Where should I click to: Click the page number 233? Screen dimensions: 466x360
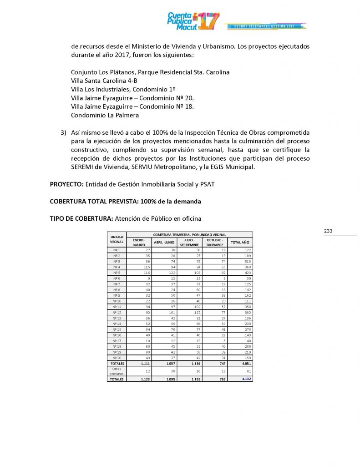click(329, 231)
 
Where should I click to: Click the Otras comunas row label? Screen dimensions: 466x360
click(117, 371)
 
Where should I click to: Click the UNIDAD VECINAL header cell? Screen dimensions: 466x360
click(117, 239)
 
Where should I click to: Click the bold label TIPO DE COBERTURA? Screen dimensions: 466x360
click(81, 218)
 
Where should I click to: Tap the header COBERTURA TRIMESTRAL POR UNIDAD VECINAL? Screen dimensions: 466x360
click(190, 234)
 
